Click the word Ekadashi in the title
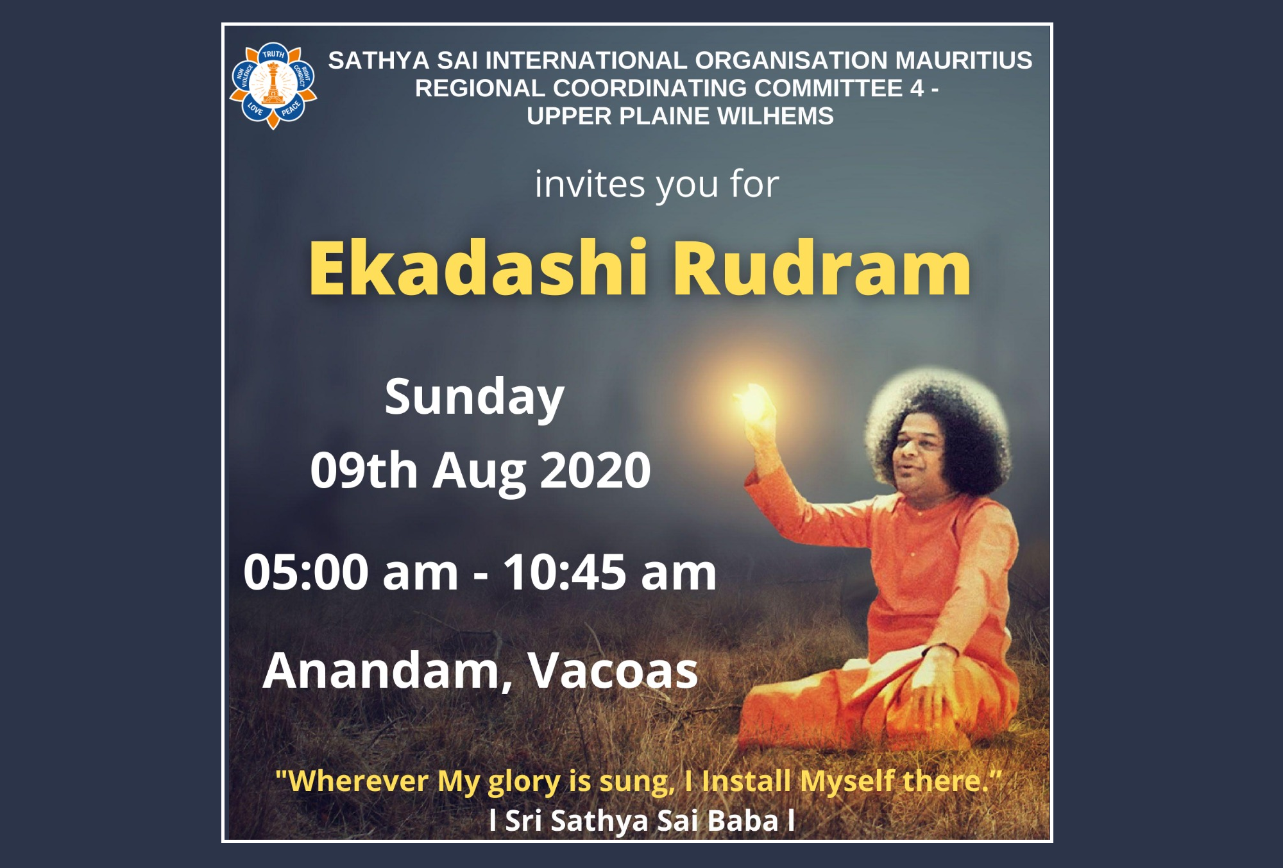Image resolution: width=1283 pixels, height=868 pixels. [x=479, y=268]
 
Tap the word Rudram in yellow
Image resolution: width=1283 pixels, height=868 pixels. [x=822, y=268]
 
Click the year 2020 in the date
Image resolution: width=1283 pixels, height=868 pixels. [x=596, y=470]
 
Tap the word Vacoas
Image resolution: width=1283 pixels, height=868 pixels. [x=613, y=671]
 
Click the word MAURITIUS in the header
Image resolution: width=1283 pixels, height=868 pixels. [x=964, y=60]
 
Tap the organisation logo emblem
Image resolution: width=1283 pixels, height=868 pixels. [x=273, y=86]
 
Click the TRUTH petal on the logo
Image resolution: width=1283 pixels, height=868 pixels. [x=273, y=54]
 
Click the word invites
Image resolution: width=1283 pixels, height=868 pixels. [x=590, y=185]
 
